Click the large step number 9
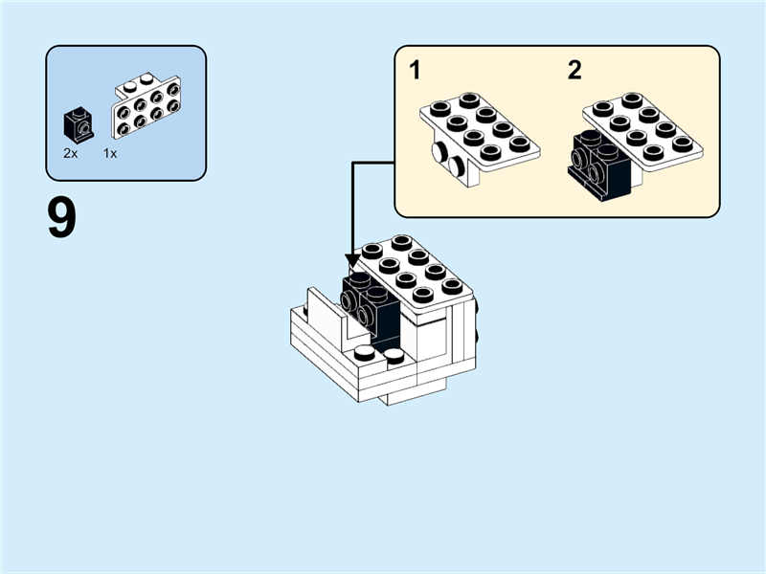point(61,219)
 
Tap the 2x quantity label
point(71,153)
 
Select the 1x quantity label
point(110,153)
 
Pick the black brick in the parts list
point(78,124)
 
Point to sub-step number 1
point(415,70)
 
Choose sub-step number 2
point(574,70)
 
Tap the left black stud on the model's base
point(365,354)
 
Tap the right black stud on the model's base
point(394,357)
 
